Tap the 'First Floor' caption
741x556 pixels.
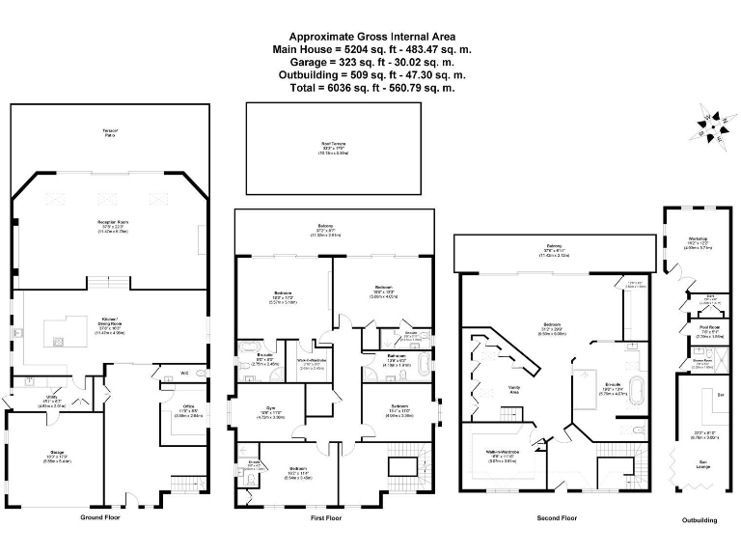[326, 518]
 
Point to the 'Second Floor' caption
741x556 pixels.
[556, 518]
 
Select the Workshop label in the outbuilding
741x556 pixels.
[699, 238]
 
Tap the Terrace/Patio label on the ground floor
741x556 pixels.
[110, 133]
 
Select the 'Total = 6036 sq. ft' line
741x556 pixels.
[370, 87]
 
